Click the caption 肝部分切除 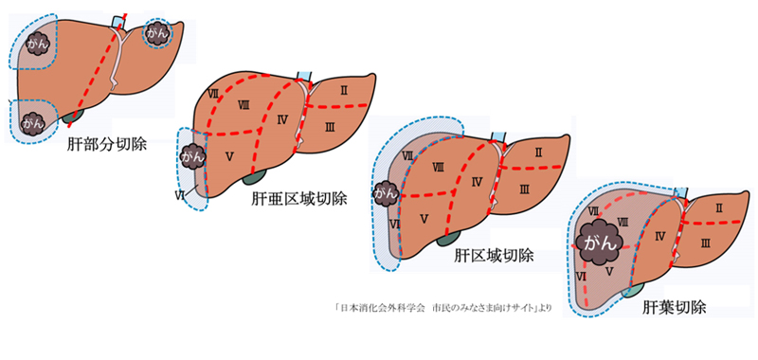click(x=106, y=145)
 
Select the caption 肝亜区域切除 click(x=298, y=199)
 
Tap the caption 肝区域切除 click(x=494, y=255)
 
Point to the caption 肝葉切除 click(x=674, y=308)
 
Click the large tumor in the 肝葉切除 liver click(x=599, y=242)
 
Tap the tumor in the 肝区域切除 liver click(x=386, y=194)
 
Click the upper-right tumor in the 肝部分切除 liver click(x=157, y=34)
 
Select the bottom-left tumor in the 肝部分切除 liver click(x=33, y=122)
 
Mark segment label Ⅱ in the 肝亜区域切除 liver click(x=343, y=89)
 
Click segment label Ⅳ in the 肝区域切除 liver click(x=478, y=182)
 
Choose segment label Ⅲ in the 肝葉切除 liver click(x=705, y=244)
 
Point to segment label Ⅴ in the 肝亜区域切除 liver click(x=229, y=155)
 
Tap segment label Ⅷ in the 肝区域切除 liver click(x=439, y=167)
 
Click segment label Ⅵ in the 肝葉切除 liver click(x=582, y=276)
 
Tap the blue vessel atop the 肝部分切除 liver click(x=117, y=22)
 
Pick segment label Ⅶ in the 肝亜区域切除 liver click(x=213, y=94)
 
